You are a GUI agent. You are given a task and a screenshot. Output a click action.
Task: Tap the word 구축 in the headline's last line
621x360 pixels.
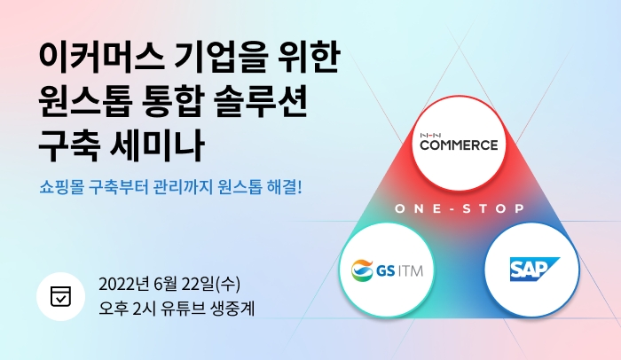tap(67, 142)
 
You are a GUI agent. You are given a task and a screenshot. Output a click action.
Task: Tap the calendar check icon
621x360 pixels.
tap(60, 295)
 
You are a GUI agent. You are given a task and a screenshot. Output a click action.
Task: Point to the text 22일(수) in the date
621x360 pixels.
tap(209, 285)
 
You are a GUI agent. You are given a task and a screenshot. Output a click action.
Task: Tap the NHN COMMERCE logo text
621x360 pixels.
tap(459, 144)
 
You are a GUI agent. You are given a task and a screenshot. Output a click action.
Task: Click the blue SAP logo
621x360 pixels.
tap(532, 269)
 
